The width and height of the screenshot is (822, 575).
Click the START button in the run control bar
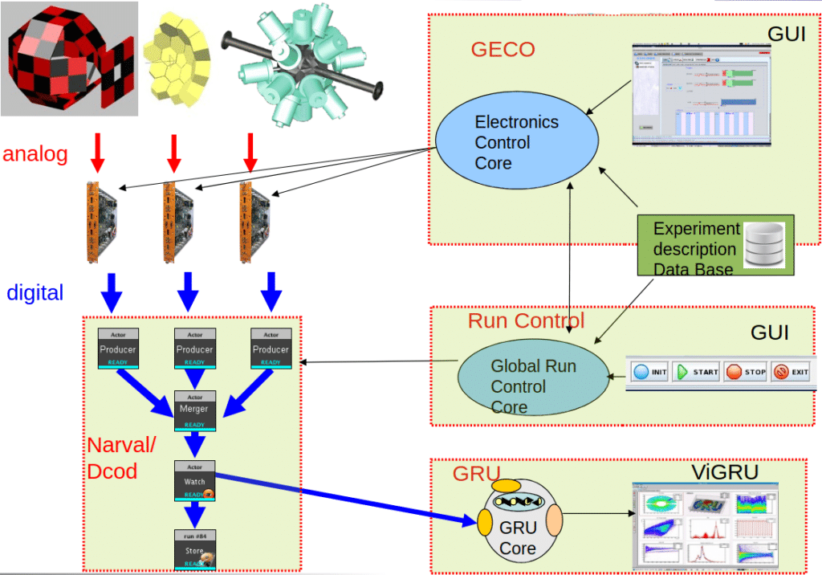pos(696,373)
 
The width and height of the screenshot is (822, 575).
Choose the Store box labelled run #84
pos(194,549)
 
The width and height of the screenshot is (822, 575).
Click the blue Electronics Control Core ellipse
pos(516,142)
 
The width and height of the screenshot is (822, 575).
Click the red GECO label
pos(503,50)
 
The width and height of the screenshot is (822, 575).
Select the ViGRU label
pos(725,471)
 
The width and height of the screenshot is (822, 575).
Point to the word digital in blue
pos(35,292)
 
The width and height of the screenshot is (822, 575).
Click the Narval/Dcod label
pos(121,458)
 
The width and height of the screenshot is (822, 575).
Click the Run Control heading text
pos(526,321)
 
